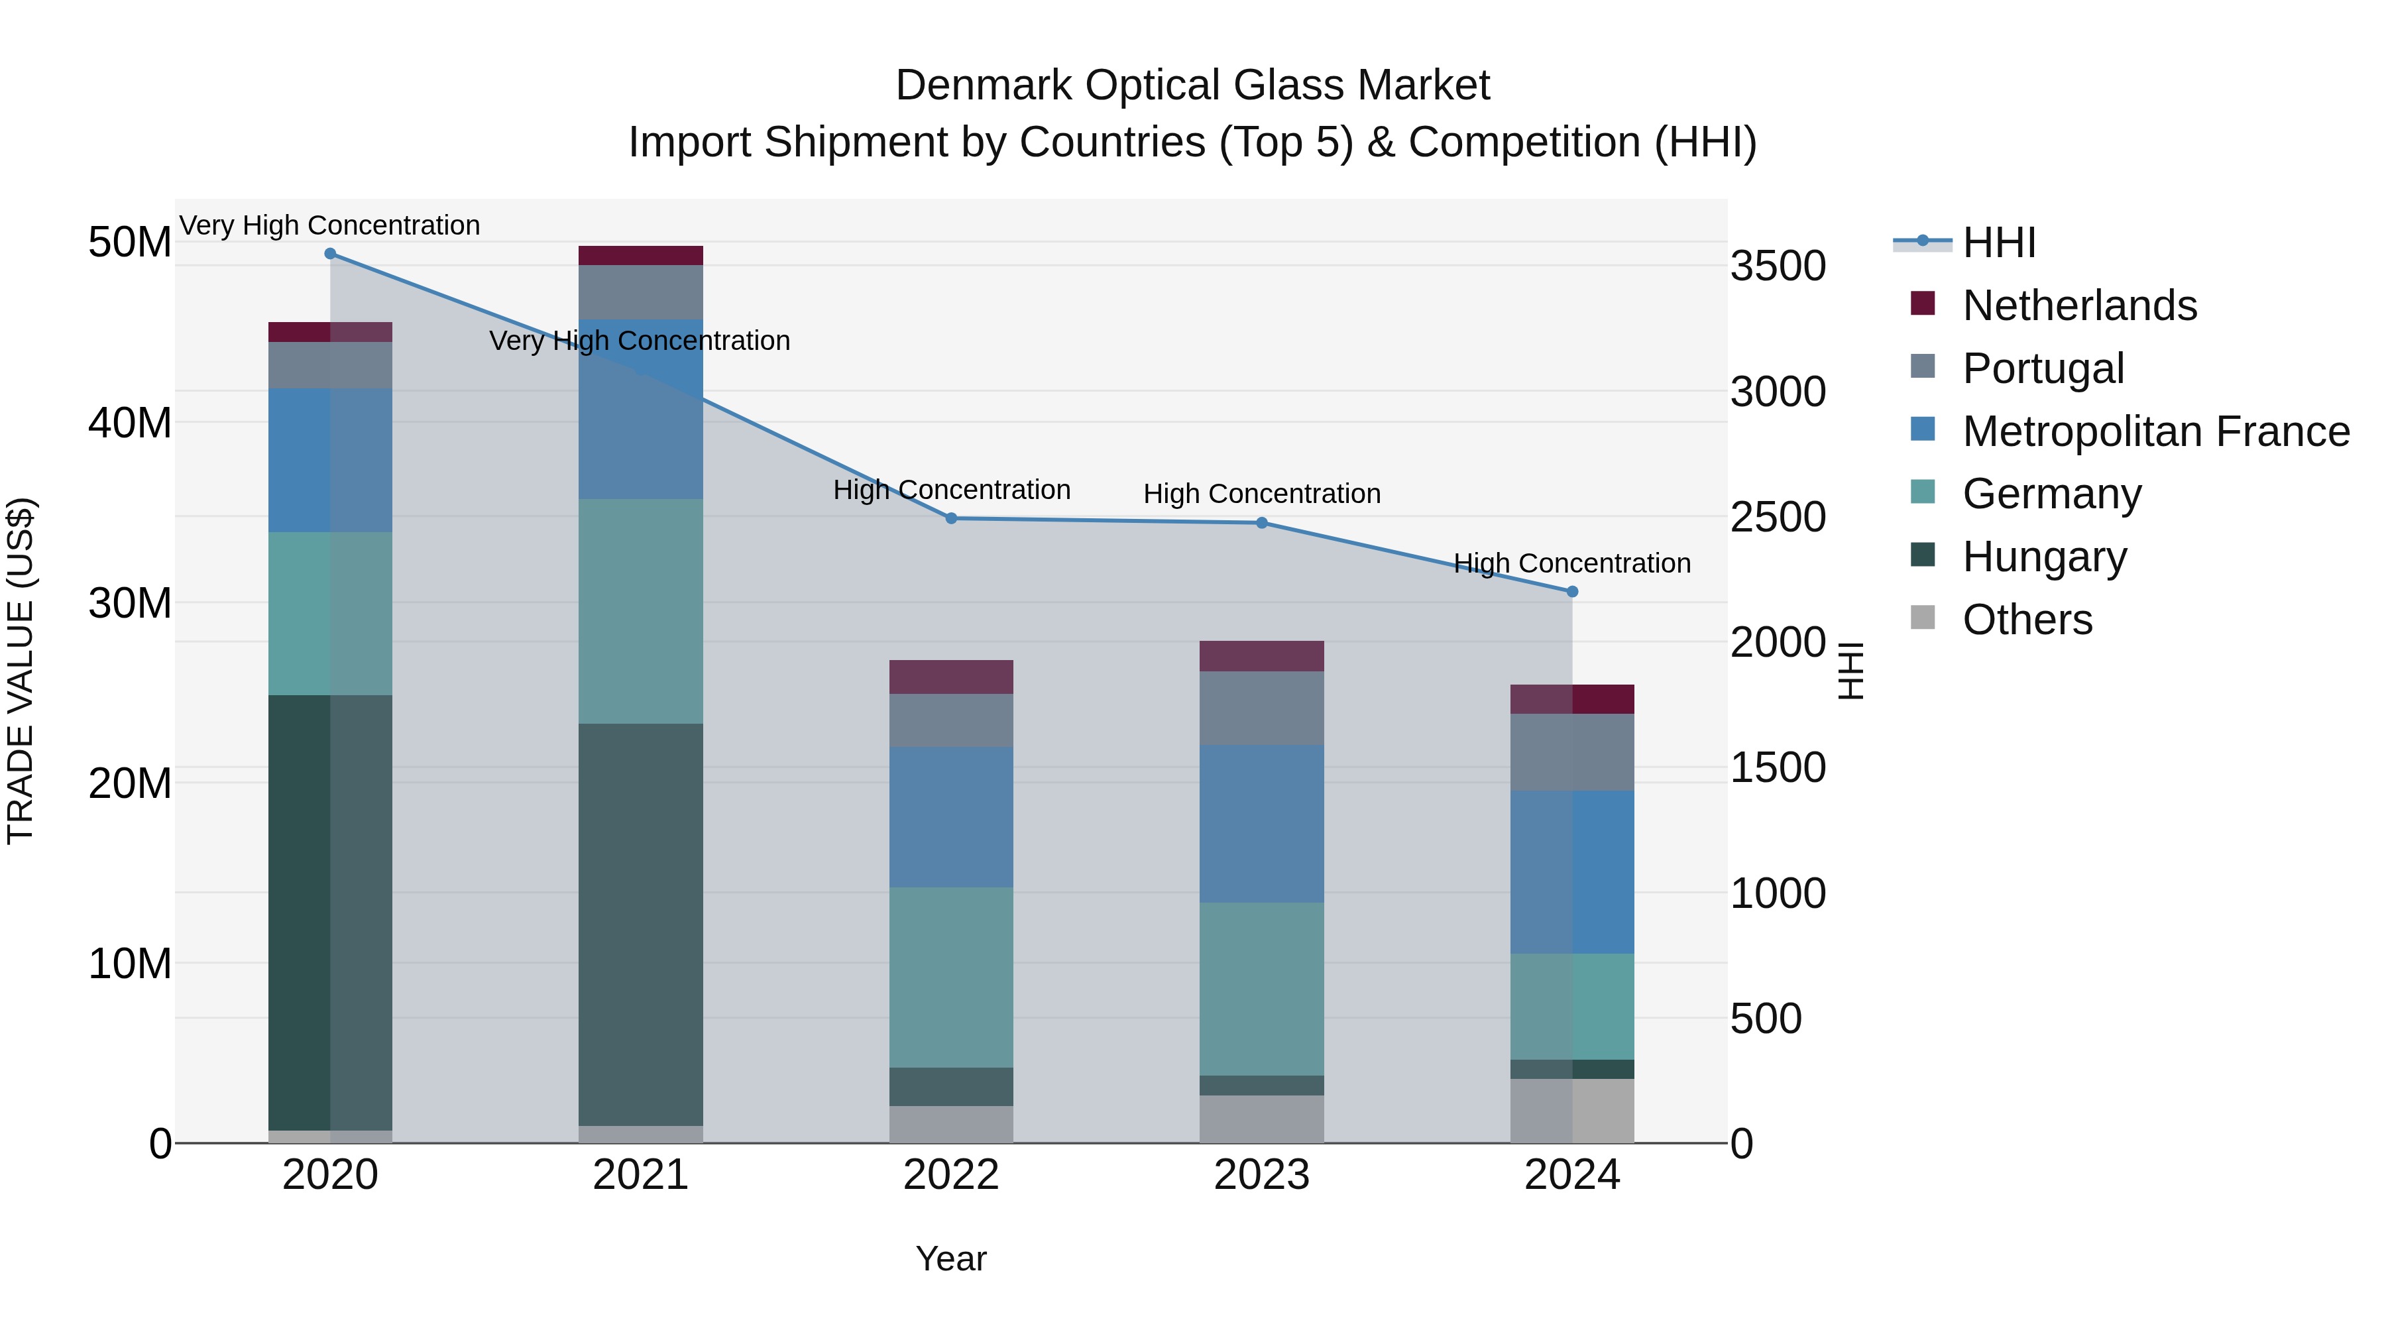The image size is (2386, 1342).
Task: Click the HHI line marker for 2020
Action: [x=330, y=254]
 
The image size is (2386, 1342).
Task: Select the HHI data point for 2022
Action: [x=951, y=519]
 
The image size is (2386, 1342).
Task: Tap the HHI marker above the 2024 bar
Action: [x=1572, y=592]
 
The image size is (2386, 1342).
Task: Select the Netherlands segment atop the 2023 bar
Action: [x=1261, y=655]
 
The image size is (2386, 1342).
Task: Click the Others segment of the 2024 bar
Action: [x=1572, y=1111]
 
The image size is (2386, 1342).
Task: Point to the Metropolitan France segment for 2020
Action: [x=330, y=461]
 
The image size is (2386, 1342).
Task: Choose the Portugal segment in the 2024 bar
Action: [x=1572, y=752]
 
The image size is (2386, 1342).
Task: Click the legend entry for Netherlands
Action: [x=2078, y=306]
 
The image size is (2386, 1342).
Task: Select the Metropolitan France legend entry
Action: [x=2155, y=431]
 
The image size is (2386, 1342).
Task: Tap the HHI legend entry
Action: [x=1999, y=243]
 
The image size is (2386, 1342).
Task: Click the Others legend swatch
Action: [x=1923, y=618]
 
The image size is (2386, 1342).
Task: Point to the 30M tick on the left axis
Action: [x=130, y=603]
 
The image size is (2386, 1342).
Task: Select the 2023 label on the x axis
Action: [x=1261, y=1175]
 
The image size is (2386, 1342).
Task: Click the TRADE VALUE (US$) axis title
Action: [x=21, y=671]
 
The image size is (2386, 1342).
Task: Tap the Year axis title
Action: [x=951, y=1258]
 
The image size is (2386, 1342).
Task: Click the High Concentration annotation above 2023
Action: [x=1261, y=494]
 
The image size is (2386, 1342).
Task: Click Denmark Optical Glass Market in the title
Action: [x=1192, y=85]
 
